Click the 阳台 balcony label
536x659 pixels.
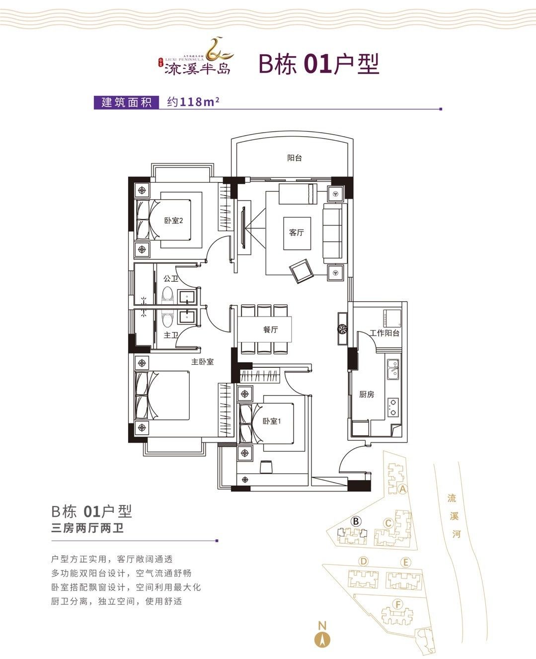pyautogui.click(x=294, y=158)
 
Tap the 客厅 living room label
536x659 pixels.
pyautogui.click(x=296, y=232)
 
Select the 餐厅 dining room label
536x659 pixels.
pyautogui.click(x=270, y=329)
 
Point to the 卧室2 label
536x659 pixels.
pyautogui.click(x=173, y=220)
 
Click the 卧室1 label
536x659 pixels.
pyautogui.click(x=272, y=421)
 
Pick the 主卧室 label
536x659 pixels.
pyautogui.click(x=202, y=362)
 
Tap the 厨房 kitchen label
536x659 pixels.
pyautogui.click(x=366, y=394)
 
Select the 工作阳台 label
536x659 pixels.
pyautogui.click(x=384, y=333)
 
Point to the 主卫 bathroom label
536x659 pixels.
pyautogui.click(x=170, y=335)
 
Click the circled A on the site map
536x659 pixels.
pyautogui.click(x=402, y=489)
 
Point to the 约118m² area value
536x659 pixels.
pyautogui.click(x=193, y=102)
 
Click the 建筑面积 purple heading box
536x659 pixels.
pyautogui.click(x=126, y=102)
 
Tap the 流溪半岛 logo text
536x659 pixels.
pyautogui.click(x=197, y=68)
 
